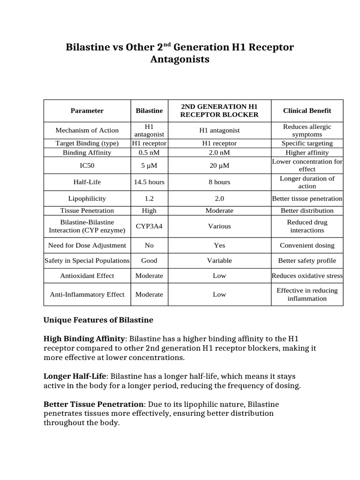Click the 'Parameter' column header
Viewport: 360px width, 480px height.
pyautogui.click(x=87, y=111)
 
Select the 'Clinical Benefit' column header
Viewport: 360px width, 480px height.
pyautogui.click(x=307, y=111)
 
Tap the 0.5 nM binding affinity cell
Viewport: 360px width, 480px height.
pyautogui.click(x=149, y=152)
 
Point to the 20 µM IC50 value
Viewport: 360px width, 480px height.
pyautogui.click(x=219, y=165)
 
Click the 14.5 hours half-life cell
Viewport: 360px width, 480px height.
pyautogui.click(x=149, y=182)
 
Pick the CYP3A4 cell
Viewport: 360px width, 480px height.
pyautogui.click(x=149, y=226)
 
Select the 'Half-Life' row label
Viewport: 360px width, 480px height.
pyautogui.click(x=87, y=182)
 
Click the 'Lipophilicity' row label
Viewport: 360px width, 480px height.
pyautogui.click(x=87, y=198)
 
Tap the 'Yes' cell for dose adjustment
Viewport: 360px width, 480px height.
pyautogui.click(x=219, y=245)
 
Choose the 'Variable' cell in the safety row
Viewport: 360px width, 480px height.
pyautogui.click(x=219, y=260)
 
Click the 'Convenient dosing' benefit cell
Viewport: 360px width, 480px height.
pyautogui.click(x=307, y=245)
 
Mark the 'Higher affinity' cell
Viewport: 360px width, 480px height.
pyautogui.click(x=307, y=152)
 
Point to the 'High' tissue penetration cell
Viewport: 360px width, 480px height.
pyautogui.click(x=149, y=210)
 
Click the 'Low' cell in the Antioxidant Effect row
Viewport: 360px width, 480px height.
pyautogui.click(x=219, y=276)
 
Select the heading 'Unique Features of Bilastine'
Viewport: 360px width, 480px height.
pyautogui.click(x=98, y=320)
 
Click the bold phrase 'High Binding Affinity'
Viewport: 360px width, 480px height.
pyautogui.click(x=84, y=338)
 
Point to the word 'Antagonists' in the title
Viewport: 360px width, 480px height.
pyautogui.click(x=180, y=60)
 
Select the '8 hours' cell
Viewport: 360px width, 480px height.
pyautogui.click(x=219, y=182)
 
